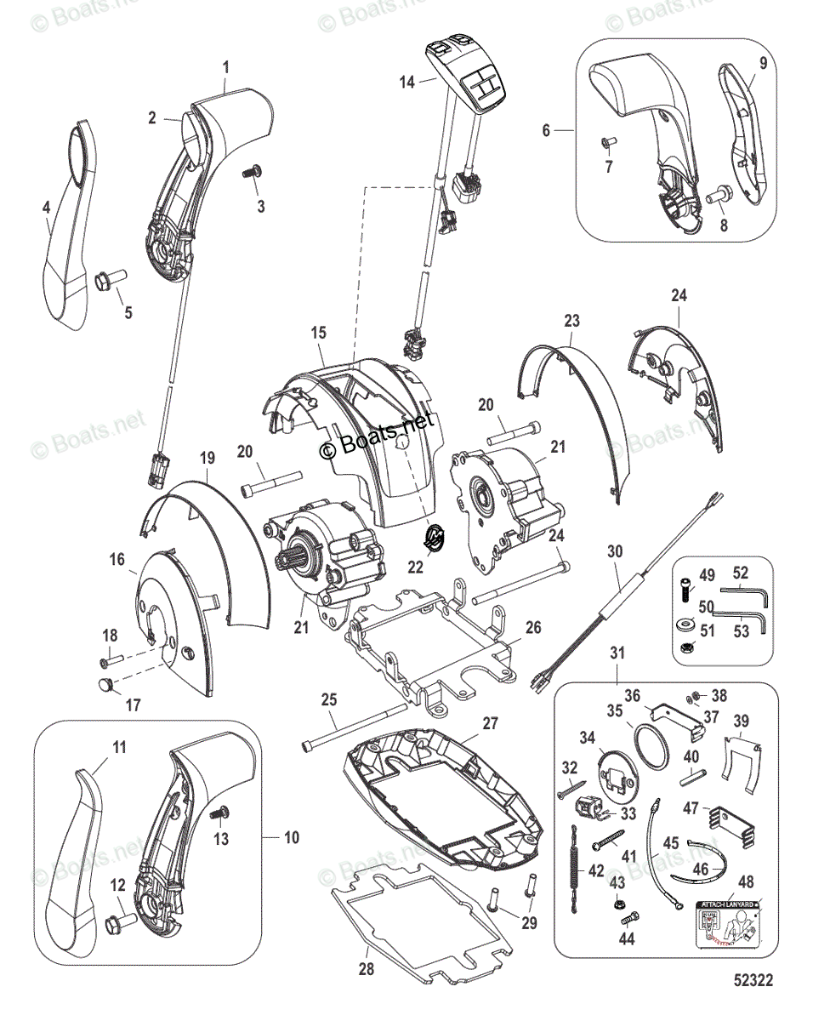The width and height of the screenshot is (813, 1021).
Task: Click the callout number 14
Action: (x=407, y=82)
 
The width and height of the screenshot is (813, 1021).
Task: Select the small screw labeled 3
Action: (x=250, y=173)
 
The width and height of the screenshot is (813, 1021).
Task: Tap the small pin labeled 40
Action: (x=691, y=775)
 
